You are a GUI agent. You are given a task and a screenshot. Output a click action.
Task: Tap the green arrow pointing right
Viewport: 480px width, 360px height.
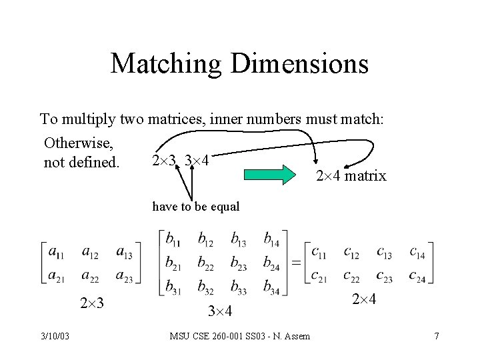269,175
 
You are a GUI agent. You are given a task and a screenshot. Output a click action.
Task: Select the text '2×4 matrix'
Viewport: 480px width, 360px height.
350,177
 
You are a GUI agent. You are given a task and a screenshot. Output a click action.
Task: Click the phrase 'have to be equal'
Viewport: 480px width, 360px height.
195,207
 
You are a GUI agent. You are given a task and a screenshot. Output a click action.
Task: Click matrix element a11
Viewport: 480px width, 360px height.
57,252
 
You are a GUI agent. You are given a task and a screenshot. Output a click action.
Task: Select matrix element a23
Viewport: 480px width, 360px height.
124,275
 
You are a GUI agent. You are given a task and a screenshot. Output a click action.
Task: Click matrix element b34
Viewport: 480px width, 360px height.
271,288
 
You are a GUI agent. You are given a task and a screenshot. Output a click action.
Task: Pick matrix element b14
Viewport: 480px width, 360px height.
271,239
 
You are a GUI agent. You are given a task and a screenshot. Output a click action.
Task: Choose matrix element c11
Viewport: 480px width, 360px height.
319,253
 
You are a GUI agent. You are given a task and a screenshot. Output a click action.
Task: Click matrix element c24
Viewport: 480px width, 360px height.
417,275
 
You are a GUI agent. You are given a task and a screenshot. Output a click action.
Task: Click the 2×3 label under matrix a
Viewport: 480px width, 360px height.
92,304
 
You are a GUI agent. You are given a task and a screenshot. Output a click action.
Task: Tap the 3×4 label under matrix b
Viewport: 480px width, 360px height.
219,311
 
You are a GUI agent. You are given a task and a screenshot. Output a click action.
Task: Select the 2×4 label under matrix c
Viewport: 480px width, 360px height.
363,300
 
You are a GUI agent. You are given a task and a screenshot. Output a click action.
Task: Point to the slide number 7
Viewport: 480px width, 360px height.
437,336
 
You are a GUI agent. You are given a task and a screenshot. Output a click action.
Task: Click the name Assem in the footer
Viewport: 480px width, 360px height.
297,336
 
